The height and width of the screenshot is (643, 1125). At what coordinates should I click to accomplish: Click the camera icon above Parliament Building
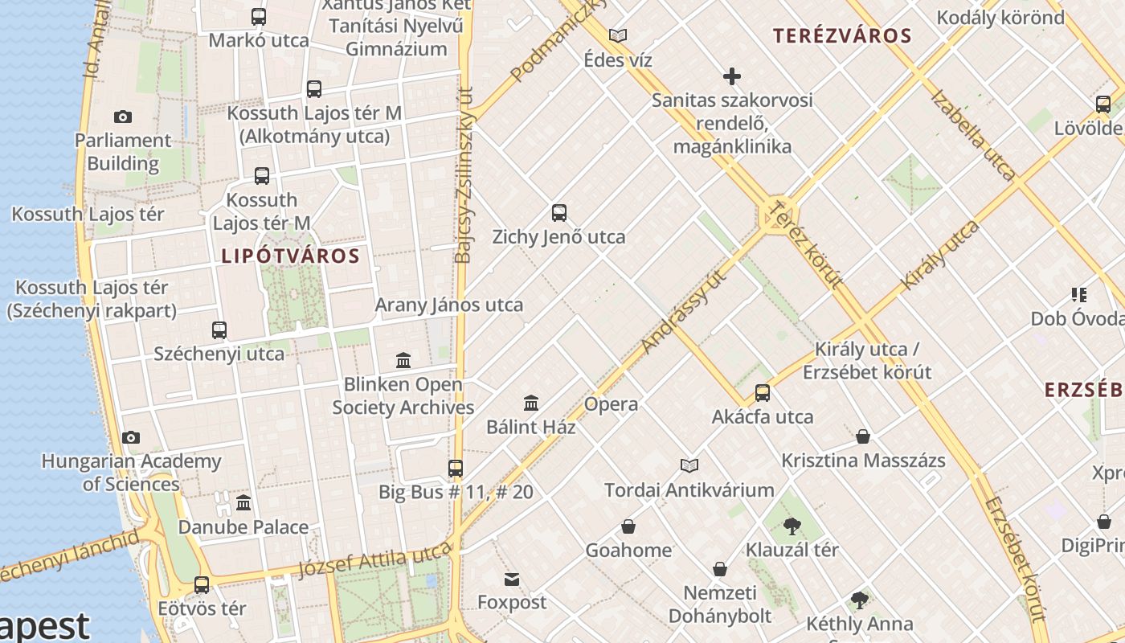click(123, 117)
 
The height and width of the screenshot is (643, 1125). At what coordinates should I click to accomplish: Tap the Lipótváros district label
click(290, 256)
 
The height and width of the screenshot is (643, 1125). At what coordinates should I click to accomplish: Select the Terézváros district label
click(842, 35)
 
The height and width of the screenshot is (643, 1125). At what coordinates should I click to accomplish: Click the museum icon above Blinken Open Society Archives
click(403, 360)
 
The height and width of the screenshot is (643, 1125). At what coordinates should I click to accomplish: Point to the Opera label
click(611, 404)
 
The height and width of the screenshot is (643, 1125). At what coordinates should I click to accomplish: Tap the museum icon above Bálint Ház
click(531, 403)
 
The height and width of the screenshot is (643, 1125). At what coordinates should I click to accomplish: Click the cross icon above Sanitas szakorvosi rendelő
click(731, 76)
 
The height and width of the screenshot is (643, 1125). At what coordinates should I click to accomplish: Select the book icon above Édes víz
click(617, 36)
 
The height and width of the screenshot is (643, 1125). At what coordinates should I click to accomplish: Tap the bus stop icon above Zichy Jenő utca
click(559, 213)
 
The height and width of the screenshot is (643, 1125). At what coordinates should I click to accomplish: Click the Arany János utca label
click(448, 305)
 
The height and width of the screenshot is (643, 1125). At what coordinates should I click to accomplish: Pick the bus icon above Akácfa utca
click(762, 393)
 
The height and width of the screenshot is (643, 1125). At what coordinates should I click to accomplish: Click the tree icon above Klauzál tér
click(792, 526)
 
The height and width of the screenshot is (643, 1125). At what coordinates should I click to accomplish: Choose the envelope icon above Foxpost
click(512, 579)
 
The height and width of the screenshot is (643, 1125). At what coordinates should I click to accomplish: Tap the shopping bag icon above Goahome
click(628, 526)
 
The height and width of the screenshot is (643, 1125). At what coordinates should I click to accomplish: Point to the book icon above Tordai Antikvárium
click(689, 465)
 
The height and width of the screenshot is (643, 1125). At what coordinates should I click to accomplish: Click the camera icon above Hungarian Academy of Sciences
click(131, 437)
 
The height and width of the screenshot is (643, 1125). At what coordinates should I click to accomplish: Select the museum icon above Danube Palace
click(243, 503)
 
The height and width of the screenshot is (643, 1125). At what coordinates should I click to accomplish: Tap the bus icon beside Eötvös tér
click(202, 585)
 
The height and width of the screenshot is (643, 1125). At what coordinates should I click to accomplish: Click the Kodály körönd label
click(1000, 17)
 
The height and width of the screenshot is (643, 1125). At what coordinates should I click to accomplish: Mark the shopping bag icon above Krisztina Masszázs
click(863, 436)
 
